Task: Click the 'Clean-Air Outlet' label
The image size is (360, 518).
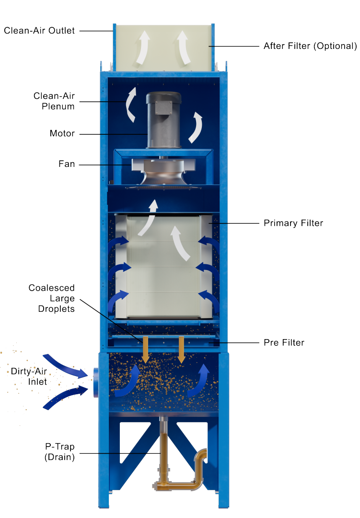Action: click(39, 31)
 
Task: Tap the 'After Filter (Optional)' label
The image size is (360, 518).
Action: click(310, 47)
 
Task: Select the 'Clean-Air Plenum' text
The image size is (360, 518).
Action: click(54, 101)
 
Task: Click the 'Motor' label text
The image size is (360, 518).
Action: click(62, 133)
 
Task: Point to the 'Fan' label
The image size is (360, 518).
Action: click(67, 164)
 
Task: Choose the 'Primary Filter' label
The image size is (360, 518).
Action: click(293, 223)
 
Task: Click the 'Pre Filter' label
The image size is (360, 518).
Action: click(284, 342)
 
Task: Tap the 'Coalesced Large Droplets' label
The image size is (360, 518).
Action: click(52, 298)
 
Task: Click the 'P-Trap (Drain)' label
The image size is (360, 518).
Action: click(59, 452)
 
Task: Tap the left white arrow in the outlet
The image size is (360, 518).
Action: click(143, 48)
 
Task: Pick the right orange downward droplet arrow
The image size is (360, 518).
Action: click(181, 350)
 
